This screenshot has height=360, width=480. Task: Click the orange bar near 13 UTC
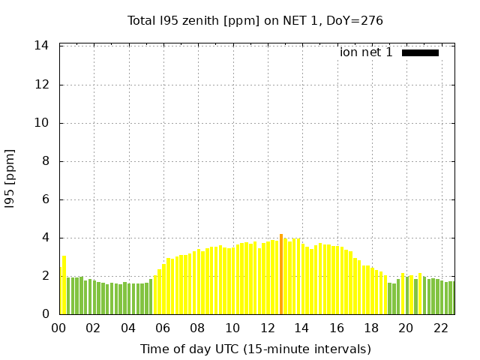[x=281, y=274]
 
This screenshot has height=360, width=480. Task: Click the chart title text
[x=255, y=21]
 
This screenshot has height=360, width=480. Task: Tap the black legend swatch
[x=420, y=52]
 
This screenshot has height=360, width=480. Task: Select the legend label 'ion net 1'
[x=366, y=52]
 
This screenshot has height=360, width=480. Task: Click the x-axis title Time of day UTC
[x=255, y=349]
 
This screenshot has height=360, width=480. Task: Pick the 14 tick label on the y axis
[x=42, y=46]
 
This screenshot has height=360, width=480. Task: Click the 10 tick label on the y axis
[x=42, y=123]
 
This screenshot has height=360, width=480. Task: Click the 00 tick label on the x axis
[x=58, y=328]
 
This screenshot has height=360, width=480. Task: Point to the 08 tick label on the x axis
[x=197, y=328]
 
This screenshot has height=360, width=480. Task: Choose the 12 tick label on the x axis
[x=266, y=328]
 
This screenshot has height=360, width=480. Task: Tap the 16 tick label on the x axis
[x=336, y=328]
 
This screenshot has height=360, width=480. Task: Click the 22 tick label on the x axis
[x=440, y=328]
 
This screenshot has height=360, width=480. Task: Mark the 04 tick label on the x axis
[x=128, y=328]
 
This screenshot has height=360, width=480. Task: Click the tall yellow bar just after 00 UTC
[x=64, y=285]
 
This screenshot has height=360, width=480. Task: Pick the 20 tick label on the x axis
[x=406, y=328]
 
